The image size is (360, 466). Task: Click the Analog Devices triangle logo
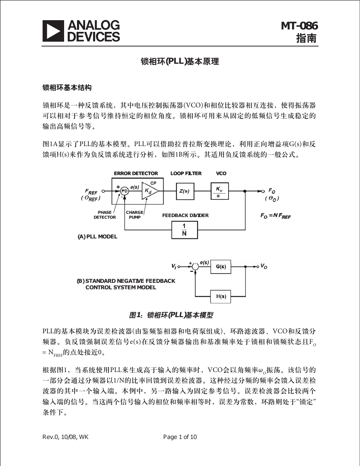53,31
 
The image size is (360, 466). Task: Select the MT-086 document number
300,26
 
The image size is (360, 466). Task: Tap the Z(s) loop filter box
185,191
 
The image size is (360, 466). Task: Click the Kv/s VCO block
219,191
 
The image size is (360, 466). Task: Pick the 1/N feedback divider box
185,230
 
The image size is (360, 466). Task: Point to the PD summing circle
125,191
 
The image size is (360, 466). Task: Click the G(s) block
221,267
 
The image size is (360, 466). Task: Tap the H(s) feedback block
221,296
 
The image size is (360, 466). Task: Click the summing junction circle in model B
195,267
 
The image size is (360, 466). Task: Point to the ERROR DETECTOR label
136,173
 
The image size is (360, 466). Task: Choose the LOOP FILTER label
186,173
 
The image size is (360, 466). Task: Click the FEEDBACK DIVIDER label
185,215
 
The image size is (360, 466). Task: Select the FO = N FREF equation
275,216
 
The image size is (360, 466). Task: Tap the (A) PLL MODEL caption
98,236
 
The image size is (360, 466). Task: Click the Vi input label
174,266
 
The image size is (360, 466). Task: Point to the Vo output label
264,266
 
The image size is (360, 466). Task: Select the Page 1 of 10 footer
180,437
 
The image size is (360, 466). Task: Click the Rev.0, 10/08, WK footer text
65,437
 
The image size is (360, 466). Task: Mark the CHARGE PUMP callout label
135,215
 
